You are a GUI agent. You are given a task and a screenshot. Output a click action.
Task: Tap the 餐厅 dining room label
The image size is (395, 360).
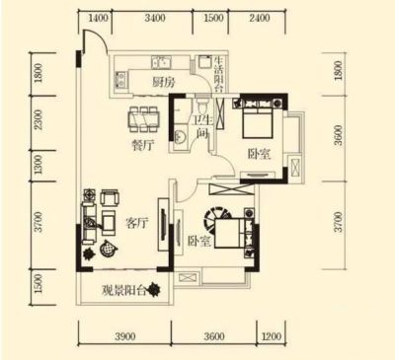click(143, 145)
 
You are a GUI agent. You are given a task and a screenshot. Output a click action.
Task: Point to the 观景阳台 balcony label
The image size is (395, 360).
click(123, 290)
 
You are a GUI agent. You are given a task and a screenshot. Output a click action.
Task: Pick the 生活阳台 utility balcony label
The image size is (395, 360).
click(219, 75)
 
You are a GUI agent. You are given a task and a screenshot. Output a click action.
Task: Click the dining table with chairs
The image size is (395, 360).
click(144, 118)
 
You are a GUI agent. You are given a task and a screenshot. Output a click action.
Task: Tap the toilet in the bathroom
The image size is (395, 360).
click(201, 106)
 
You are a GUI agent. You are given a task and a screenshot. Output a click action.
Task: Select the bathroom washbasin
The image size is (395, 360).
click(180, 136)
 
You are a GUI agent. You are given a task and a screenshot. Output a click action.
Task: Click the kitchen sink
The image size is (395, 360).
click(161, 62)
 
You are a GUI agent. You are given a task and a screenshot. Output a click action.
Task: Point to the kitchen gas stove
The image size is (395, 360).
click(120, 80)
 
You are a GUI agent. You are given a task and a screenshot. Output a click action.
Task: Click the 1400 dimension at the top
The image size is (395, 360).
click(99, 18)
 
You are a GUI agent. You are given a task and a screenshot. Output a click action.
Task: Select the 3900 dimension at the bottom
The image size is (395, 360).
click(125, 336)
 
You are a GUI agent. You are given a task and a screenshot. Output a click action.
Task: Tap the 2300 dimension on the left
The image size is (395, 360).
click(39, 119)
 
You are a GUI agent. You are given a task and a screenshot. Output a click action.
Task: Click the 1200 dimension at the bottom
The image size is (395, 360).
click(272, 336)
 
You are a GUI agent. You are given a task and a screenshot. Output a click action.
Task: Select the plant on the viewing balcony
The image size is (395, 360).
click(154, 290)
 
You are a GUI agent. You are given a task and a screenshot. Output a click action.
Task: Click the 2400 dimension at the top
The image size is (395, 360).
click(260, 18)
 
